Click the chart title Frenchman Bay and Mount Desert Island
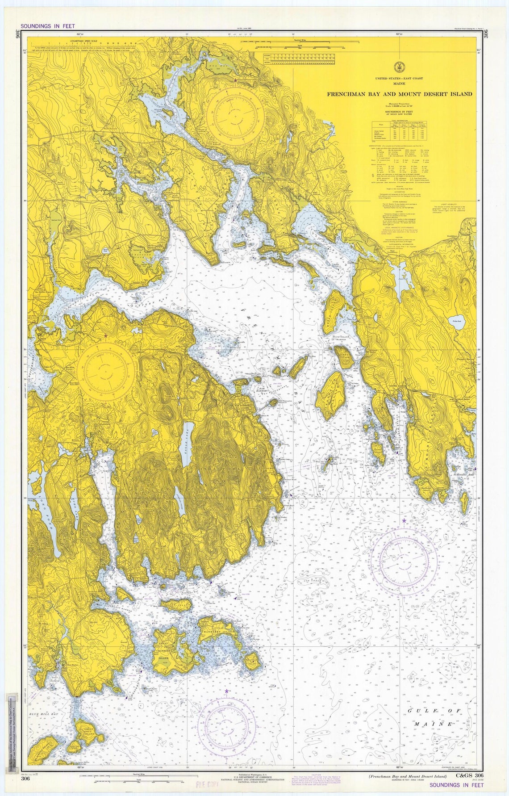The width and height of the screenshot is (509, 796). pyautogui.click(x=399, y=94)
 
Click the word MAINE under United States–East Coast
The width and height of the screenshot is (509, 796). pyautogui.click(x=399, y=84)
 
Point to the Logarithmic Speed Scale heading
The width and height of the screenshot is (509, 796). pyautogui.click(x=84, y=40)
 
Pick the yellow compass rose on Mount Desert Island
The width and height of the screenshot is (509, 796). pyautogui.click(x=106, y=369)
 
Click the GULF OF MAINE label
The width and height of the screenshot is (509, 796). pyautogui.click(x=434, y=717)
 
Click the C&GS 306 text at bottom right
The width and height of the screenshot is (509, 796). pyautogui.click(x=469, y=775)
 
